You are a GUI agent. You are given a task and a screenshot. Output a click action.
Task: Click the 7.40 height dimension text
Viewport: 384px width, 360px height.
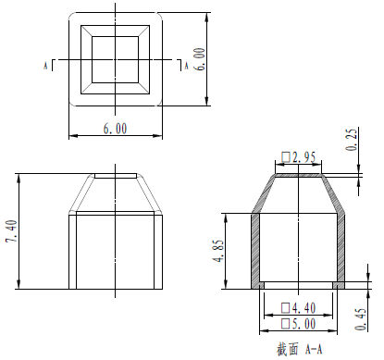point(12,231)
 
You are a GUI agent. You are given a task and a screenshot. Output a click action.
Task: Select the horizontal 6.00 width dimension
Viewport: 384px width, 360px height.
point(115,129)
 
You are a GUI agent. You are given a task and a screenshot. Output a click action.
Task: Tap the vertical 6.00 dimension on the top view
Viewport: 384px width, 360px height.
point(200,59)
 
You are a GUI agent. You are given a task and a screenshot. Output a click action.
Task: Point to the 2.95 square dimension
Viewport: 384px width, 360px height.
point(299,157)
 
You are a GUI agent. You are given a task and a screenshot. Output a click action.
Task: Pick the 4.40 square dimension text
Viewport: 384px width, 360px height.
point(299,308)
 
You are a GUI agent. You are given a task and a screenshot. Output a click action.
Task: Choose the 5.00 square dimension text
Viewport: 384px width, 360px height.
point(299,324)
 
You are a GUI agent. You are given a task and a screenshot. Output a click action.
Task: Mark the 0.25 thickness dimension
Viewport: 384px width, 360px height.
point(352,139)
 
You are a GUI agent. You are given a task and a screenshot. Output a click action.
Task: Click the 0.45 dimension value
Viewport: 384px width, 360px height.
point(361,319)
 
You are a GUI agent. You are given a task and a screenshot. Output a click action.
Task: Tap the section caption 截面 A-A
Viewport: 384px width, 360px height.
point(299,350)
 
